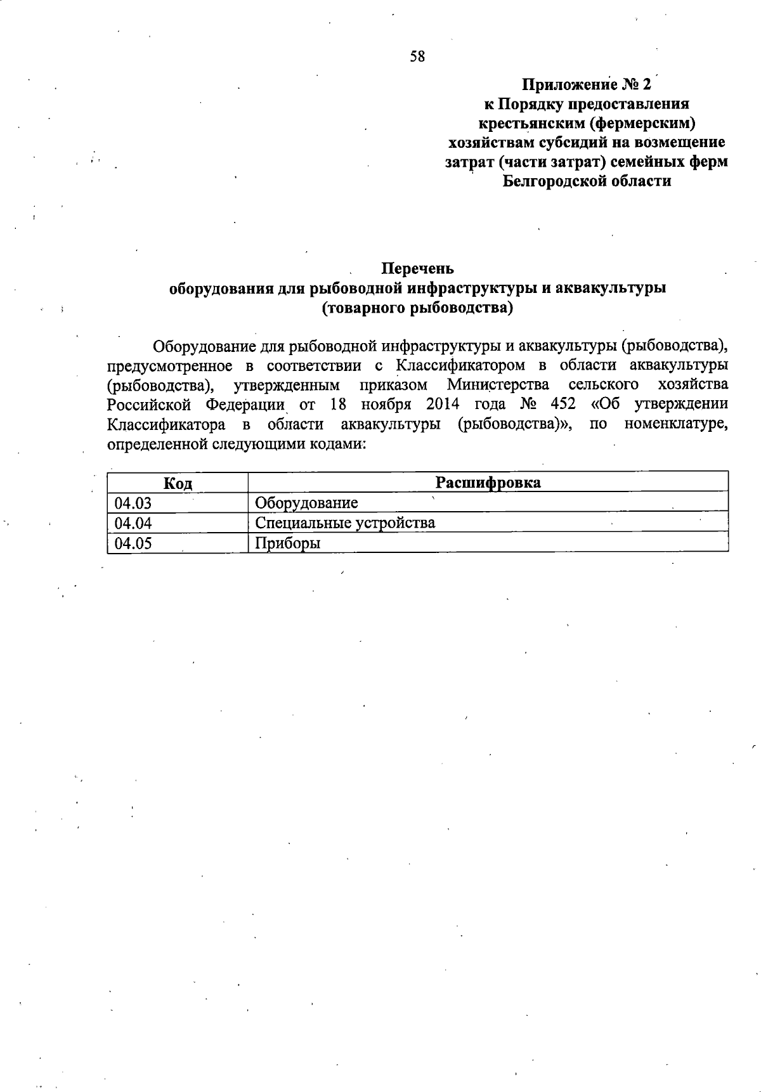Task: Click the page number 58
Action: click(417, 57)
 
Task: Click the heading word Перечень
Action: click(417, 269)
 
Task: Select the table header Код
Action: click(178, 483)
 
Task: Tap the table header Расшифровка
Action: click(488, 483)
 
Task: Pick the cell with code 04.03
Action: click(133, 504)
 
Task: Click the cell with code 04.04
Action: click(133, 523)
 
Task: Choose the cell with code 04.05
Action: click(133, 543)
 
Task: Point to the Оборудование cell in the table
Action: click(306, 504)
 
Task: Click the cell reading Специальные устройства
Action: click(345, 523)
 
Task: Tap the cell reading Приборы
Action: click(287, 543)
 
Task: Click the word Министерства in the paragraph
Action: click(498, 385)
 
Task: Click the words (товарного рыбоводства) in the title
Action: click(417, 309)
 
